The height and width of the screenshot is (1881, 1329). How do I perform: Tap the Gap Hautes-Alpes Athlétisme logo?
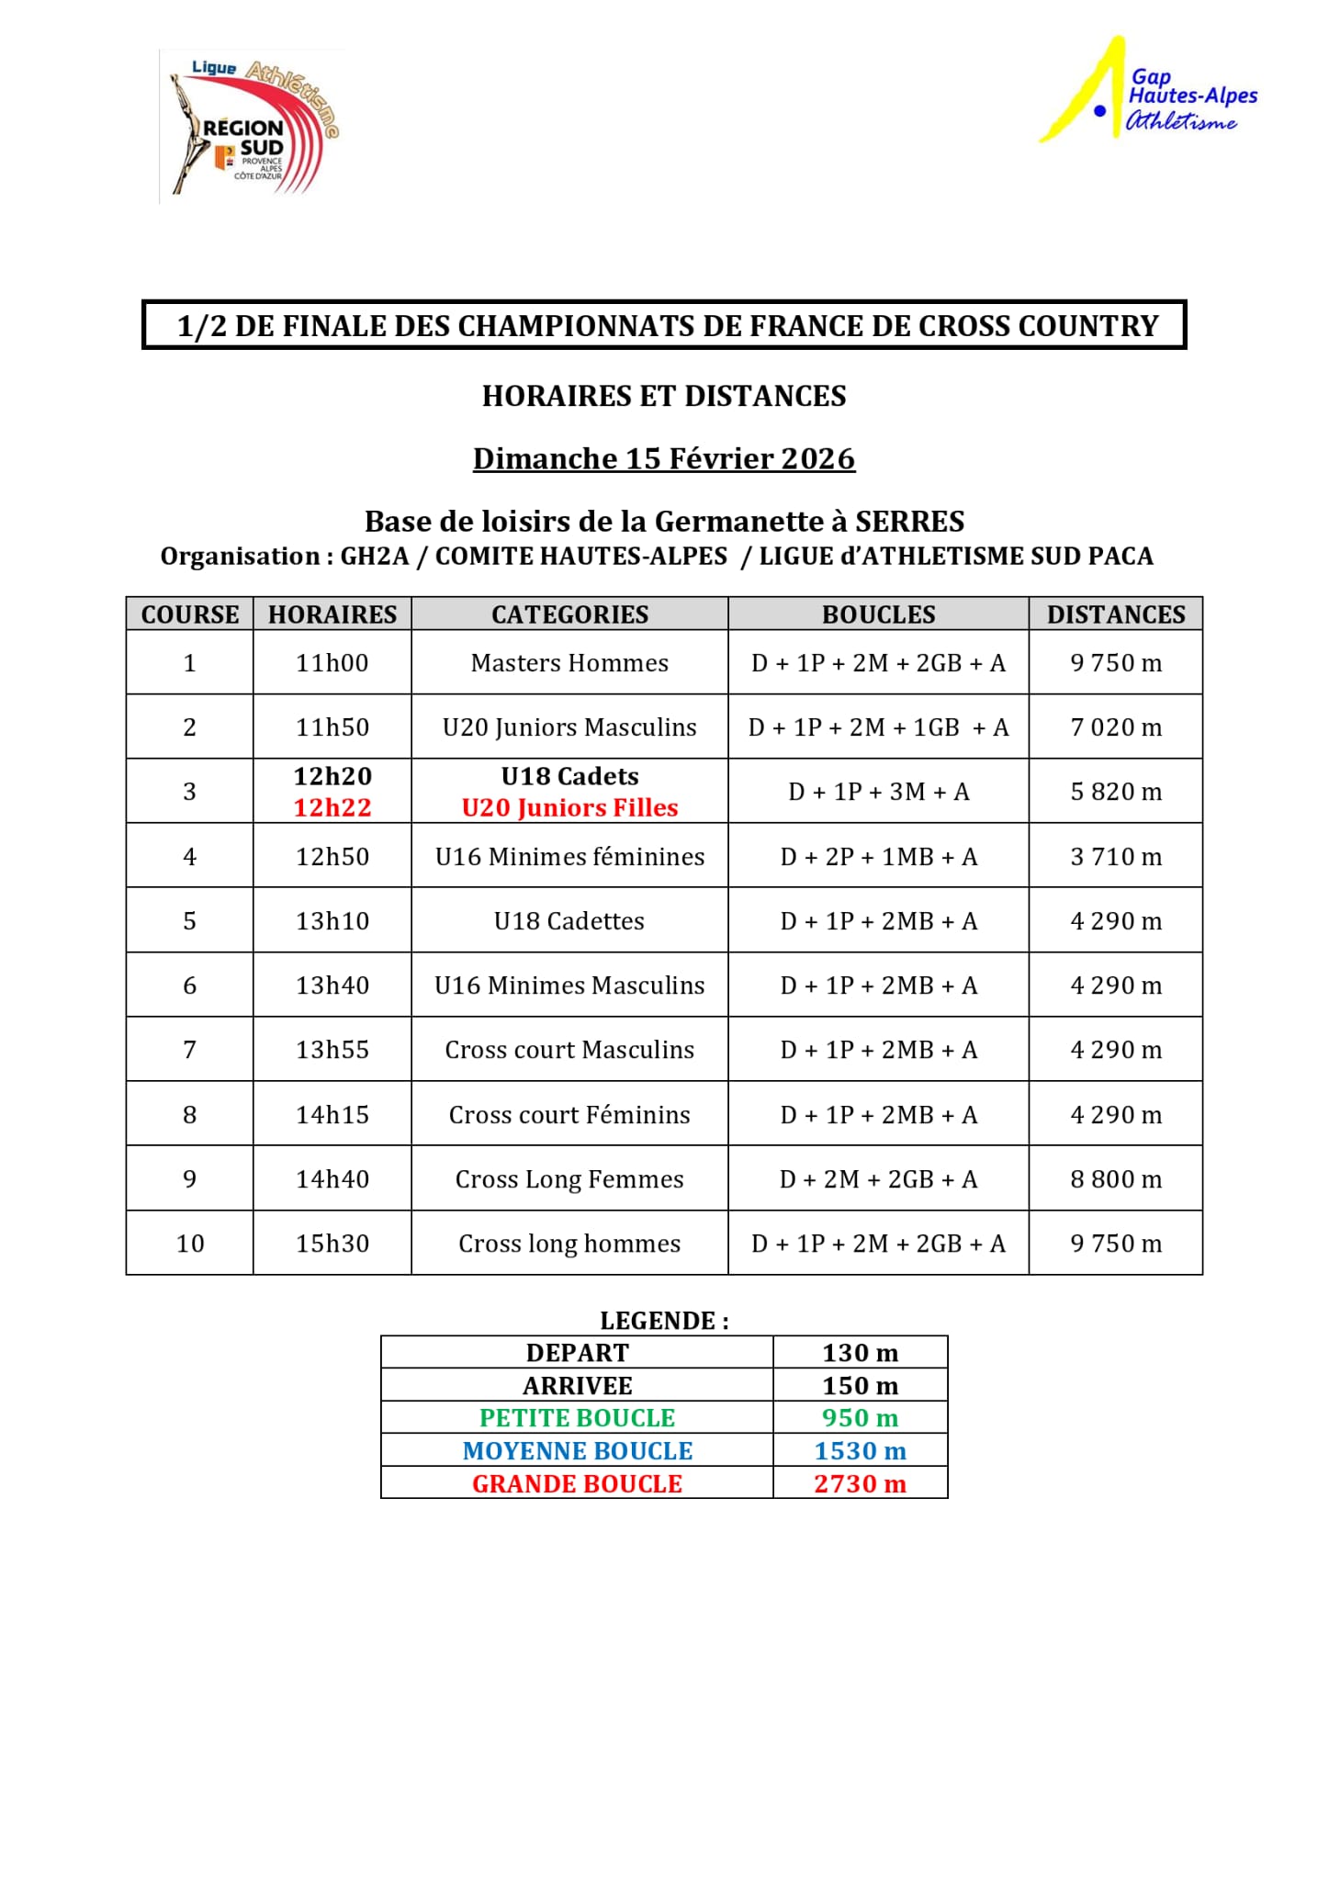[1148, 92]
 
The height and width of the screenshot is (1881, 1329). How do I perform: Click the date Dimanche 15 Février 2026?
[664, 458]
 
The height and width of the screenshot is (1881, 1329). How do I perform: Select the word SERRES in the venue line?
[909, 522]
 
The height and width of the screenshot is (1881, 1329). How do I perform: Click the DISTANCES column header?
[1116, 614]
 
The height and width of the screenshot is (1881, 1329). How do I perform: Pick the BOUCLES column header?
[878, 614]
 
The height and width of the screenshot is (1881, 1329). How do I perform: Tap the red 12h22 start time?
[332, 807]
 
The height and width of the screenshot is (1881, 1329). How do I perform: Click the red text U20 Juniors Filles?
[569, 807]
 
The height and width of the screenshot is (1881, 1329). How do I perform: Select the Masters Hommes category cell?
[569, 663]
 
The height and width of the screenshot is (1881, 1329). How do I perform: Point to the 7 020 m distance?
[1116, 727]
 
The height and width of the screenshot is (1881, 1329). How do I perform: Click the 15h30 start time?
[332, 1244]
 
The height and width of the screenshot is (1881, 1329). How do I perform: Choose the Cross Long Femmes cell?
[569, 1179]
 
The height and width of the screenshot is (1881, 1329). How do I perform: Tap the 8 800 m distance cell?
[1116, 1179]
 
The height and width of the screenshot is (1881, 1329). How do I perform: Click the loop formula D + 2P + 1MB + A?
[878, 857]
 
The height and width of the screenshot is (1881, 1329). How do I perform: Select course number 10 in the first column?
[190, 1244]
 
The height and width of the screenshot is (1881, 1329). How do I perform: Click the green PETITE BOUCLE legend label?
[577, 1418]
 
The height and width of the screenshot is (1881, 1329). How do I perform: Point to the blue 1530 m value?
[860, 1451]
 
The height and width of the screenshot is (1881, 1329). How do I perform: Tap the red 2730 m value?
[860, 1484]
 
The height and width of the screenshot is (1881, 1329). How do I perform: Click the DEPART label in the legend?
[577, 1353]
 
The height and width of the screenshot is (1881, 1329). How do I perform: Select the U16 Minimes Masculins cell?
[569, 986]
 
